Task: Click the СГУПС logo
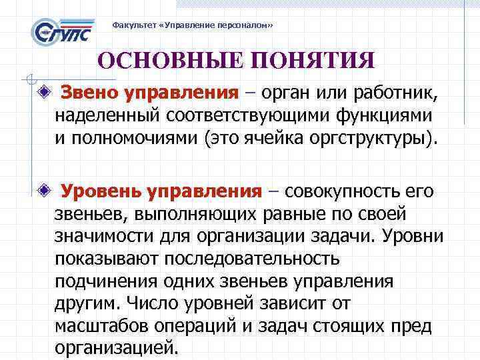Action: (61, 31)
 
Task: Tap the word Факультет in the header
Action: (131, 25)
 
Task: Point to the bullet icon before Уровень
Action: (43, 191)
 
